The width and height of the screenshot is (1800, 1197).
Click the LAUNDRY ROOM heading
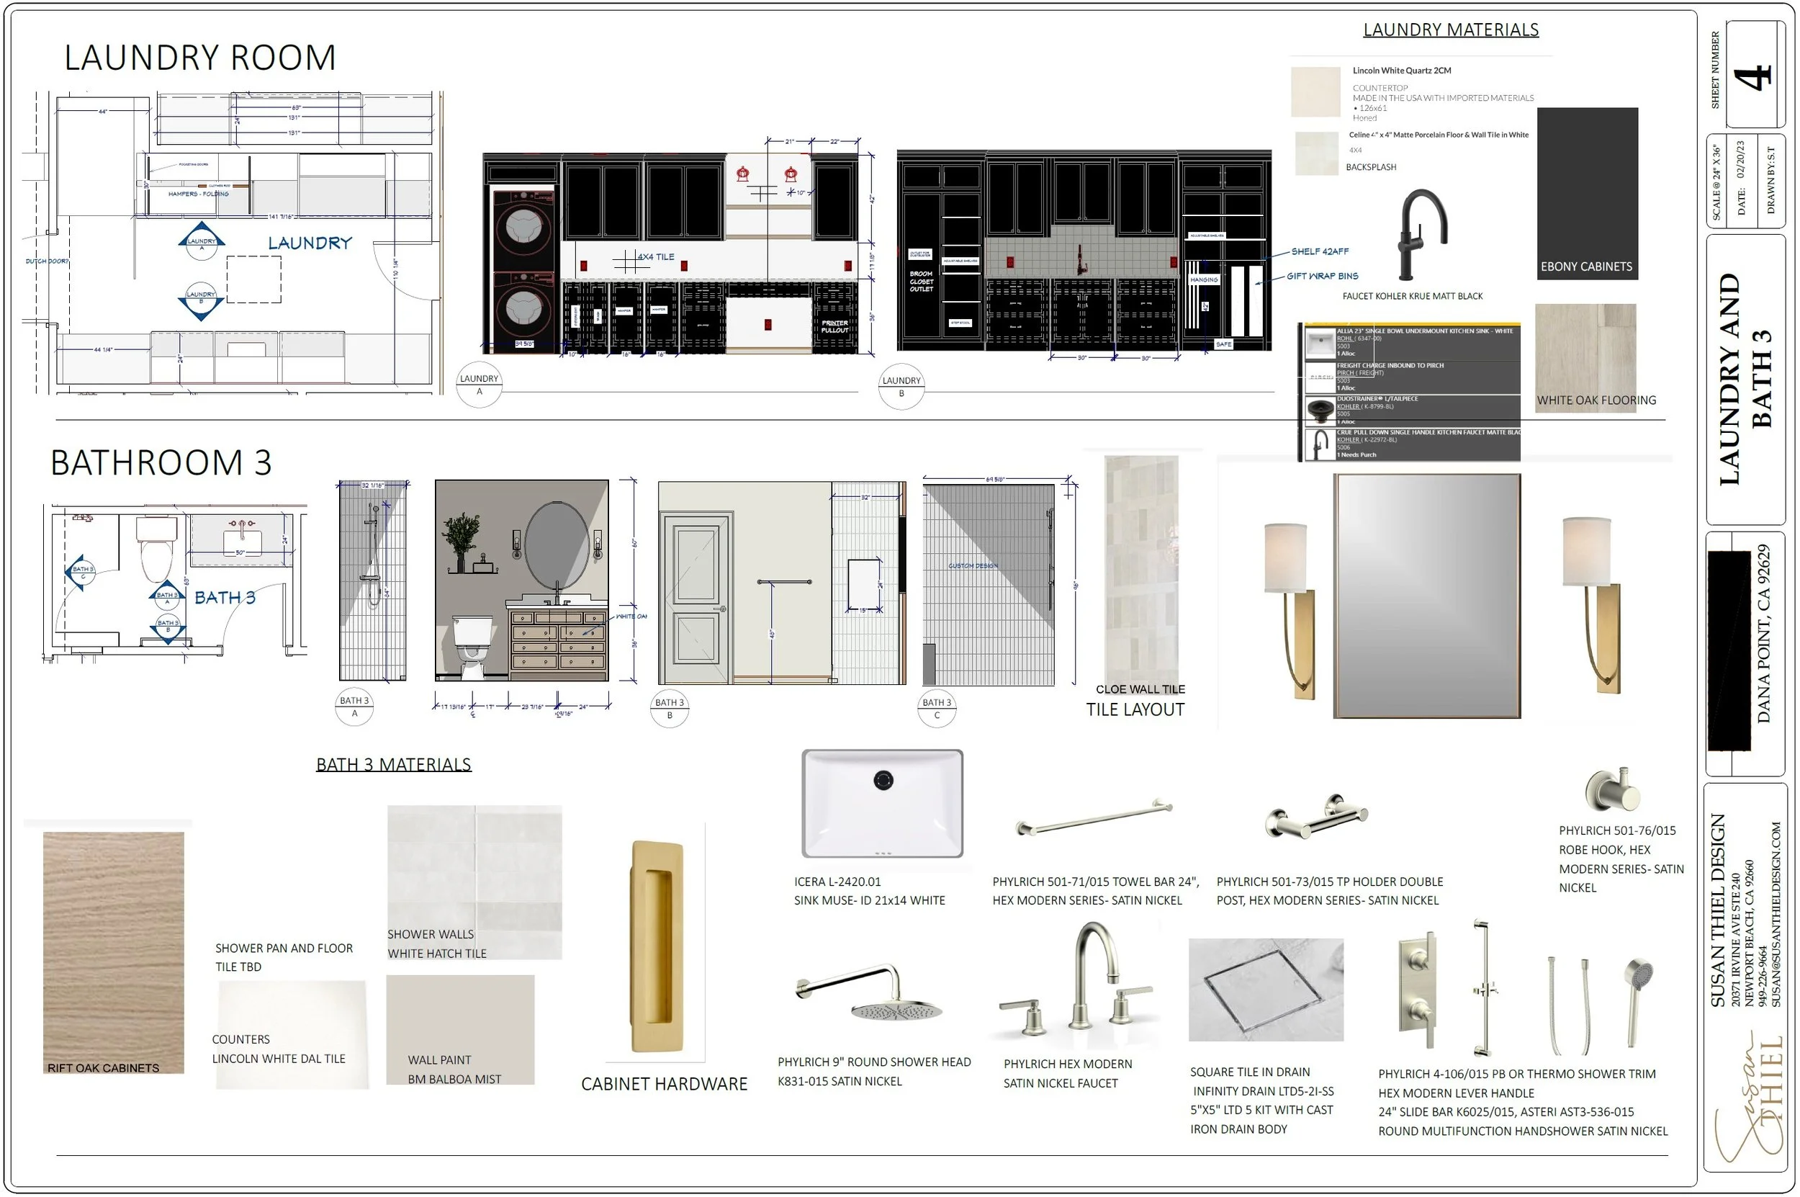click(x=200, y=58)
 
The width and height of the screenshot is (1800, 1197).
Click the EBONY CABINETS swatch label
click(x=1585, y=266)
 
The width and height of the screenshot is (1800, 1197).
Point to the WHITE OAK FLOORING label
click(x=1596, y=400)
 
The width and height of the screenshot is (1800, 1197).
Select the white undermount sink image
click(x=882, y=803)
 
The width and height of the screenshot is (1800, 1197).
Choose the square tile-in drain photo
click(x=1265, y=990)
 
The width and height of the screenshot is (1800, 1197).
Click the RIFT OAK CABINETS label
click(x=103, y=1068)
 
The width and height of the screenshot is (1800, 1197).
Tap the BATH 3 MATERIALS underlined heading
click(x=394, y=764)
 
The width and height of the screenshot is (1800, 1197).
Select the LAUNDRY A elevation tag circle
click(x=480, y=385)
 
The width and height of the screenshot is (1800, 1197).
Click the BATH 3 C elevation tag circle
click(x=937, y=709)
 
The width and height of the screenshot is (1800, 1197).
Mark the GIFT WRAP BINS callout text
click(x=1322, y=277)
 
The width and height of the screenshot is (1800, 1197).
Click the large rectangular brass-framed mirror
click(x=1426, y=596)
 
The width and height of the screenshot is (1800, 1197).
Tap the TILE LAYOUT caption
click(x=1135, y=709)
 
